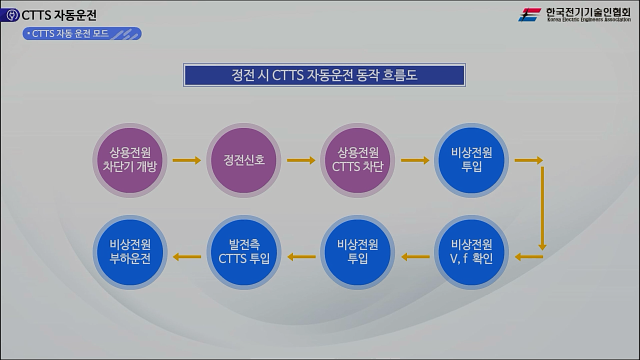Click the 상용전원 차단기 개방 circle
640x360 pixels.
click(x=130, y=160)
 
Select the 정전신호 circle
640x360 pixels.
click(x=244, y=160)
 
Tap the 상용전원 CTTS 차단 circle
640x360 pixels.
click(x=357, y=160)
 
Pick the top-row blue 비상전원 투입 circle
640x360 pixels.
click(x=471, y=160)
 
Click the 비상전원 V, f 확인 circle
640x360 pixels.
click(x=471, y=252)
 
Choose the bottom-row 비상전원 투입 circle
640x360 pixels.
click(x=357, y=252)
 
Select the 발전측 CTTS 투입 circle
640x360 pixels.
click(x=244, y=252)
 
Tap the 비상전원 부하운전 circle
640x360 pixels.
click(x=130, y=252)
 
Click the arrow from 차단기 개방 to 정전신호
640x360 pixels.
click(x=186, y=160)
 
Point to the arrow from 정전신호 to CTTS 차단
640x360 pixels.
click(x=301, y=160)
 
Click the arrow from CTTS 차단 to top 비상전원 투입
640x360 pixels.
click(x=415, y=160)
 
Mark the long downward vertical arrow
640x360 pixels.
click(x=542, y=207)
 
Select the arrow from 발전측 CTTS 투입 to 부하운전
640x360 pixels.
click(x=186, y=257)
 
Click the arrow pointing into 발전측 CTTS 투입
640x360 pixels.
click(x=301, y=257)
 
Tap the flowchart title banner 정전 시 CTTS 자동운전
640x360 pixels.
click(x=324, y=75)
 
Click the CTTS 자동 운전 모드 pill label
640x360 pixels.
click(x=82, y=33)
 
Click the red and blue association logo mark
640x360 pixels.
click(x=529, y=14)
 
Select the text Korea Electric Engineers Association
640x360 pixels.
click(x=588, y=20)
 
